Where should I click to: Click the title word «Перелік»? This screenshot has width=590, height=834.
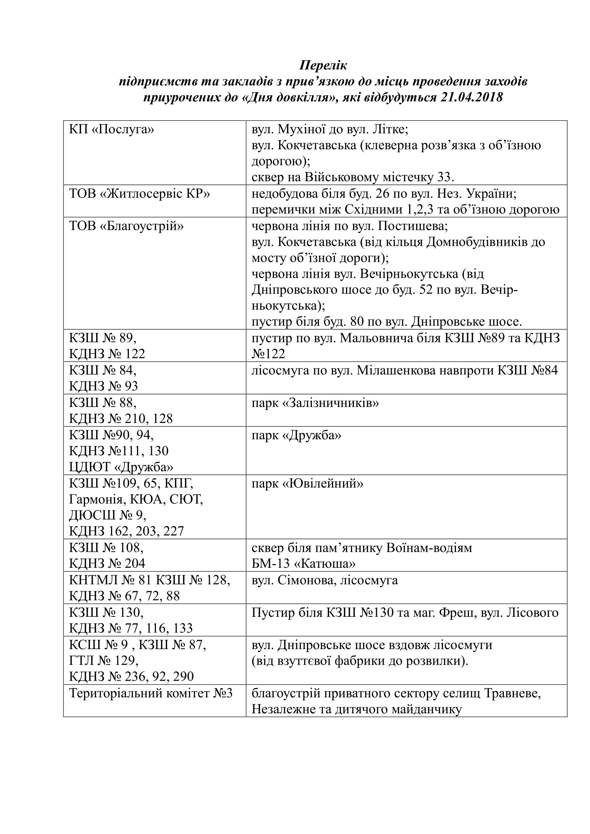coord(323,65)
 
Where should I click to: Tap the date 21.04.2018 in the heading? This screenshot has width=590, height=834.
coord(472,97)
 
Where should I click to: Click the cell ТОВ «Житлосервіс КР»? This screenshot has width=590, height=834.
coord(140,194)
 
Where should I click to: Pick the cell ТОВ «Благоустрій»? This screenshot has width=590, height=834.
coord(126,226)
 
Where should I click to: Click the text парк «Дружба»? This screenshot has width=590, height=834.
coord(296,435)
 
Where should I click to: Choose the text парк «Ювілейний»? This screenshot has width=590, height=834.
coord(307,483)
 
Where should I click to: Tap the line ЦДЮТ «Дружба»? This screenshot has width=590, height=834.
coord(121,467)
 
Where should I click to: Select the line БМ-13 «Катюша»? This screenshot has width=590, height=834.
coord(303,564)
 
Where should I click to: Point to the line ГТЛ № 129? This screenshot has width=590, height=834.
coord(104,660)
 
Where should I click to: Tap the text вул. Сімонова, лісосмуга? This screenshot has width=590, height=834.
coord(325,580)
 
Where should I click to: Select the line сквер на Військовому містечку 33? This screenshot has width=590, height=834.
coord(353,177)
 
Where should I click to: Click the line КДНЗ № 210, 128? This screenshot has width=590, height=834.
coord(121,419)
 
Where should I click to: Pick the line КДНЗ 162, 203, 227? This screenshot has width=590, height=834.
coord(126,531)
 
